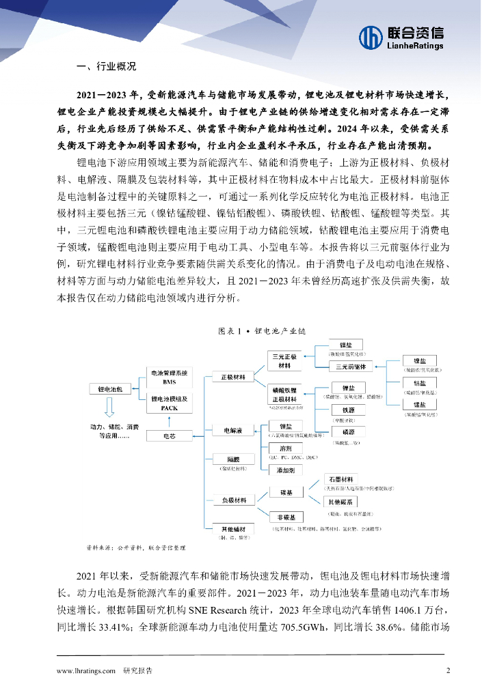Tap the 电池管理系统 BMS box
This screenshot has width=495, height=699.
point(169,377)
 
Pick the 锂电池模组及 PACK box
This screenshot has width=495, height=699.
point(169,403)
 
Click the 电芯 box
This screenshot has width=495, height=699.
point(169,434)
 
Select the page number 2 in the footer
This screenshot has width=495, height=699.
point(448,670)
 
